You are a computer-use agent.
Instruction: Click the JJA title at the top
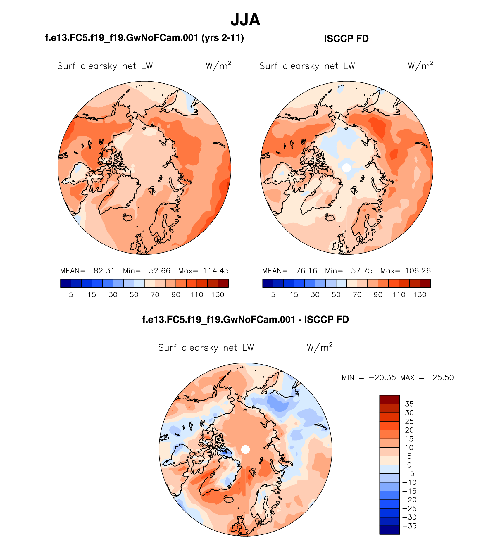coord(245,20)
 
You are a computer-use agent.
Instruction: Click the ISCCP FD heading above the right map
coord(346,39)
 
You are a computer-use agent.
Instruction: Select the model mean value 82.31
coord(104,271)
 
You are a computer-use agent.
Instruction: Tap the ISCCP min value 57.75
coord(362,271)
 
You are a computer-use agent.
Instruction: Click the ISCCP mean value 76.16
coord(306,271)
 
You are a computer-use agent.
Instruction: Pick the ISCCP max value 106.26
coord(418,271)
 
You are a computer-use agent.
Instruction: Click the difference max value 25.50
coord(443,377)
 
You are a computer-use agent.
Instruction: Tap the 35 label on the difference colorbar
coord(409,404)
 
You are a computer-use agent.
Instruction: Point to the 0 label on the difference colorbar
coord(409,465)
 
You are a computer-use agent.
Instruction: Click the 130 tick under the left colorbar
coord(218,295)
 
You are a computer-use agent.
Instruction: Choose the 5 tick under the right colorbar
coord(273,295)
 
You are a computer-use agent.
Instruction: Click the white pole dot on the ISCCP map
coord(346,168)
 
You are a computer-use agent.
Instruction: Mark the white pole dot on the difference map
coord(246,449)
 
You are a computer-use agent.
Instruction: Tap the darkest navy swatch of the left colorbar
coord(65,283)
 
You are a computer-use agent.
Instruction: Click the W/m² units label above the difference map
coord(320,347)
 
